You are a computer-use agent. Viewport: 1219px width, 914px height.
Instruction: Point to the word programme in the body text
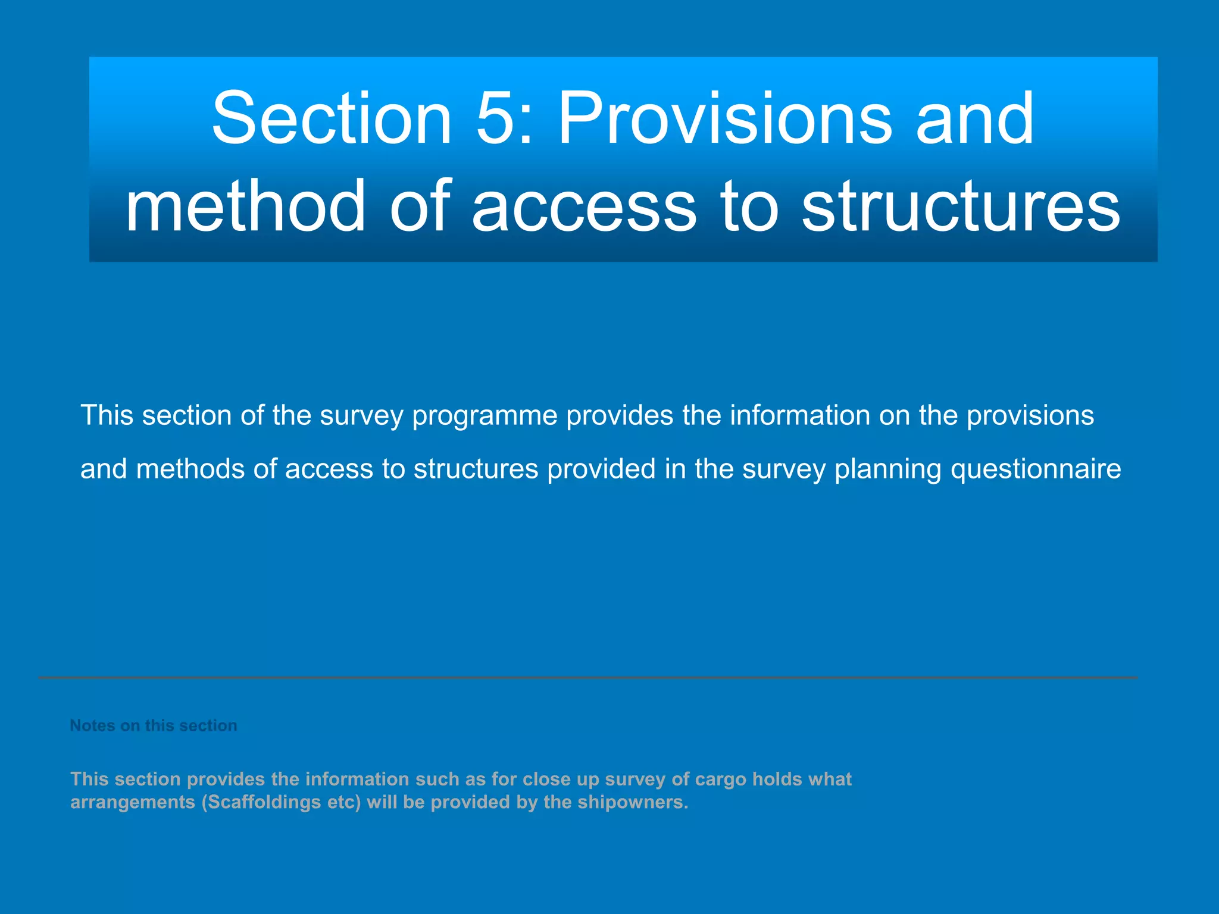[485, 416]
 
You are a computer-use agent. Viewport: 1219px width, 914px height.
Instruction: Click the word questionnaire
[1036, 469]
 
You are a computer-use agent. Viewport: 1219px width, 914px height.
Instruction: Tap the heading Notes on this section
[154, 726]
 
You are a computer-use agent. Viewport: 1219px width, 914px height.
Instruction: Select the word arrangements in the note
[133, 803]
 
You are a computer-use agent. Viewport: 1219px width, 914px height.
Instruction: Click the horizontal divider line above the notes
[588, 678]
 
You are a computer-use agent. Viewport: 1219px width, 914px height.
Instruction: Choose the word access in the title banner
[583, 206]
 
